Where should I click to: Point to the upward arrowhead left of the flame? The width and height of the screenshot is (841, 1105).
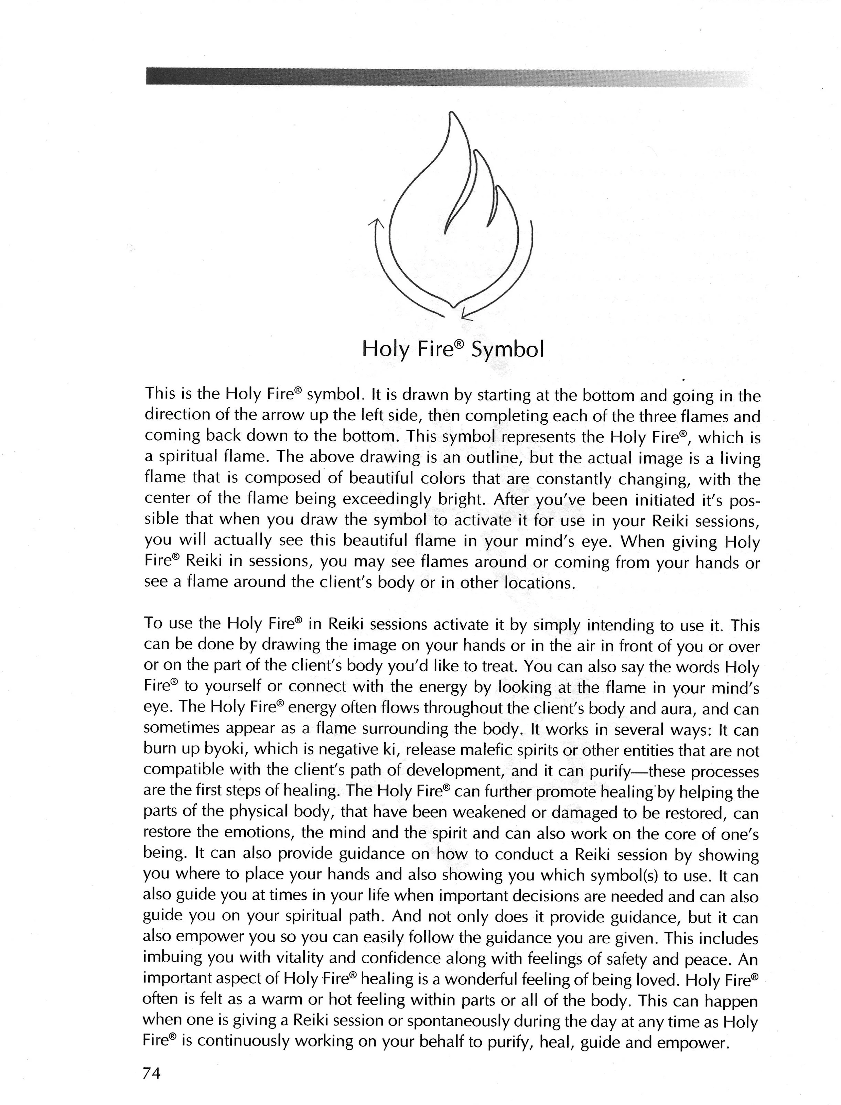[x=376, y=223]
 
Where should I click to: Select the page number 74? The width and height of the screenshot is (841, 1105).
[x=152, y=1073]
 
